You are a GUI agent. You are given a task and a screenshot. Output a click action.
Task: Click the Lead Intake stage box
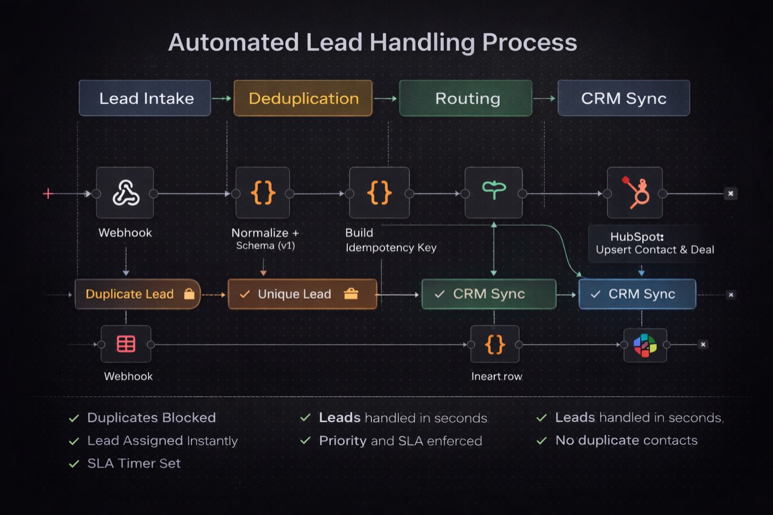point(145,98)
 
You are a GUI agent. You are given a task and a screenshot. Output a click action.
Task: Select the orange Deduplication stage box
point(303,98)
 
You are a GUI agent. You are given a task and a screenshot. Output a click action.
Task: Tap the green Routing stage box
point(466,98)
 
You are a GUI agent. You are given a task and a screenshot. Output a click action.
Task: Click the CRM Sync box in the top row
point(623,98)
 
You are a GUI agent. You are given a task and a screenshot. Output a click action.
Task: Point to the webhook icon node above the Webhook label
point(125,193)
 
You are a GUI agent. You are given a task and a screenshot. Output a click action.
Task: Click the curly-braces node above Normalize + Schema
point(263,193)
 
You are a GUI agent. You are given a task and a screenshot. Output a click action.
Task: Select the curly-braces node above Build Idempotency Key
point(379,193)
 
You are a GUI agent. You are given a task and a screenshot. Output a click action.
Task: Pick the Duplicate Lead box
point(138,294)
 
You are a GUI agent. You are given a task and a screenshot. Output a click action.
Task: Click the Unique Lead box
point(302,294)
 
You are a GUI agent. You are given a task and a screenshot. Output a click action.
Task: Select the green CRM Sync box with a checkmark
point(489,294)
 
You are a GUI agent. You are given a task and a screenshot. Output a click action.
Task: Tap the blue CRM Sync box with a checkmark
point(637,294)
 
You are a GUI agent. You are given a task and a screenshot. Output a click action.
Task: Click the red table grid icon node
point(126,344)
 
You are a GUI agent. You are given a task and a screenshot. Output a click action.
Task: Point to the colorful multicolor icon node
point(645,345)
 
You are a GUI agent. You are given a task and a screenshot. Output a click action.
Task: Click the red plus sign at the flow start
point(48,193)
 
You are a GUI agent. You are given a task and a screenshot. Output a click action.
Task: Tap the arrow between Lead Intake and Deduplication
point(222,98)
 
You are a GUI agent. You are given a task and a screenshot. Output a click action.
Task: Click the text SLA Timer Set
point(133,464)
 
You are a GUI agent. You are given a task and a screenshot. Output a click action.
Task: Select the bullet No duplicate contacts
point(626,441)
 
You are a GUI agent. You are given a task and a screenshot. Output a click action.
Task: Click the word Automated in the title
point(233,43)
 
